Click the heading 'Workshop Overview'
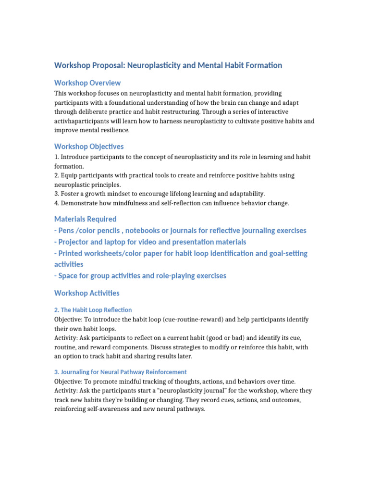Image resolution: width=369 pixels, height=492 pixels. (87, 83)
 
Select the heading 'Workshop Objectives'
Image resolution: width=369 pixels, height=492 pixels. (89, 146)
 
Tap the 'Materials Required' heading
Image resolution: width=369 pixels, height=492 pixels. (86, 219)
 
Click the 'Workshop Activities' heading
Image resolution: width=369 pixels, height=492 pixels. (87, 293)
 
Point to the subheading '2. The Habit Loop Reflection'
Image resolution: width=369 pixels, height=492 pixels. (93, 310)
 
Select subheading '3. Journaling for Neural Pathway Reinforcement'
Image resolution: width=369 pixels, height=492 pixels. (121, 372)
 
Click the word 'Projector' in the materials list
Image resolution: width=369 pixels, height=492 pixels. (75, 242)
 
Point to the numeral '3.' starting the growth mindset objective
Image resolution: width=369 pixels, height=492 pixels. (56, 194)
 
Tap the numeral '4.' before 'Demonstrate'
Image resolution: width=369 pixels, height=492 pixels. (56, 203)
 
